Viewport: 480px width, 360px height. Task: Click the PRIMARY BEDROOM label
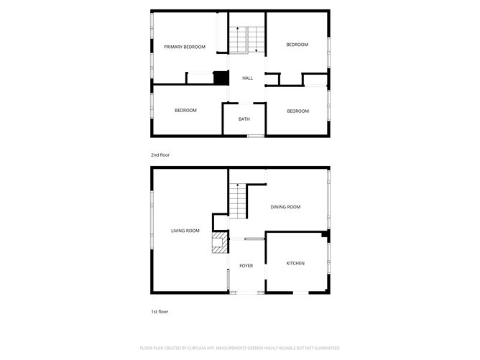click(185, 47)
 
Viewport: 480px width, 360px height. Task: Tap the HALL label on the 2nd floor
click(247, 78)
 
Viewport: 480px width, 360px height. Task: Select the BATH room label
click(244, 119)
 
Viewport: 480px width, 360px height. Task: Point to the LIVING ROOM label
click(185, 231)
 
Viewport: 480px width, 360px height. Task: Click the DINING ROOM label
click(285, 207)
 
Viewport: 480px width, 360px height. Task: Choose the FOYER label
click(246, 265)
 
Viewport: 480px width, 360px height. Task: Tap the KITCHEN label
click(295, 263)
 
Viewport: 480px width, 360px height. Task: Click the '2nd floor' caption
click(160, 154)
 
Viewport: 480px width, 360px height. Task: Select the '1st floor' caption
click(160, 312)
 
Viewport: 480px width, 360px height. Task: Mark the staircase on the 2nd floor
click(247, 40)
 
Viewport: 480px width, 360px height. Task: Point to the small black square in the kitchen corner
click(325, 234)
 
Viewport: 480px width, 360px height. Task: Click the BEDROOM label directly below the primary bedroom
click(185, 111)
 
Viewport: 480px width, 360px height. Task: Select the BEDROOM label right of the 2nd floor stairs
click(297, 45)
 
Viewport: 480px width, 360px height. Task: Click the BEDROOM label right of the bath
click(297, 111)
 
